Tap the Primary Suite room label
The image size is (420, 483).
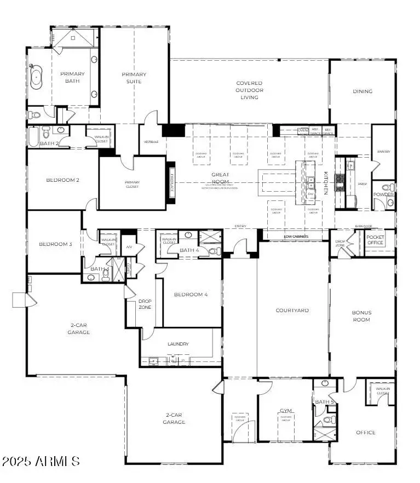(134, 78)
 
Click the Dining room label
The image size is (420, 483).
(362, 91)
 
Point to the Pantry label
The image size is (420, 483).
(383, 152)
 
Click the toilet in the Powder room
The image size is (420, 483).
(390, 203)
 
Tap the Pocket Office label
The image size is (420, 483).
(375, 239)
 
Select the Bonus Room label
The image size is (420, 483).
(361, 316)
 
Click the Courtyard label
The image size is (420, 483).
(292, 311)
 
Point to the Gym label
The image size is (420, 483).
(285, 410)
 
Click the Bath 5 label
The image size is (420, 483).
(324, 402)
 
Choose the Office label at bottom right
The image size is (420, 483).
(365, 433)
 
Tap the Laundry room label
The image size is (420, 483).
(178, 344)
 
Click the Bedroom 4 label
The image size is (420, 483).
(191, 295)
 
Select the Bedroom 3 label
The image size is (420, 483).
(55, 244)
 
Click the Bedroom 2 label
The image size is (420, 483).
(55, 180)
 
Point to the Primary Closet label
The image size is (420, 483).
(132, 185)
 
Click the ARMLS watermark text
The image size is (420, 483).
(41, 461)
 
